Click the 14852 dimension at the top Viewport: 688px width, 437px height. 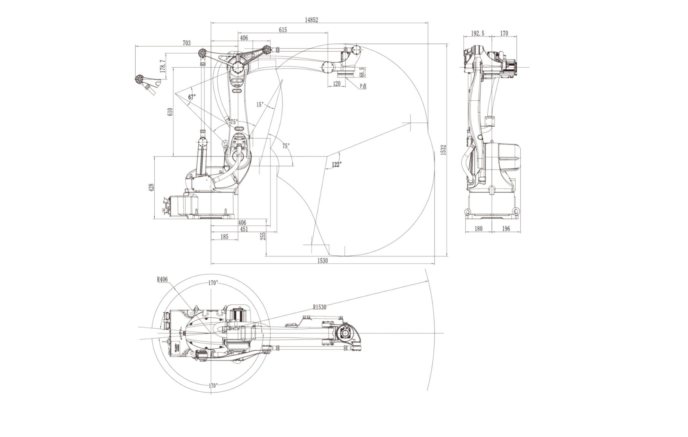click(311, 20)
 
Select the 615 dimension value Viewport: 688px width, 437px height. click(283, 30)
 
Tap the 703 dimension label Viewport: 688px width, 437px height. click(187, 43)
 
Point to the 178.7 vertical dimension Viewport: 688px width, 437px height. click(163, 66)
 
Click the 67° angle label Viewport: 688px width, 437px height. click(192, 97)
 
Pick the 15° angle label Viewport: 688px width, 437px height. click(260, 104)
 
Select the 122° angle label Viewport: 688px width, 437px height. click(336, 164)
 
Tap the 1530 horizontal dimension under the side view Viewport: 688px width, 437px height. click(322, 261)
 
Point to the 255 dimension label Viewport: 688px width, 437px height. click(263, 236)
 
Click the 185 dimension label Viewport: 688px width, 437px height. click(224, 237)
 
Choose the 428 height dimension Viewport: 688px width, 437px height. click(151, 187)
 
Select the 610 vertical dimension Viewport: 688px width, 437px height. click(170, 112)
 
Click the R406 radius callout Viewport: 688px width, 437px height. click(162, 280)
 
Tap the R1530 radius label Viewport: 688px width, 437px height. click(319, 307)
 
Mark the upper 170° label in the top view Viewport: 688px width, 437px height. click(213, 283)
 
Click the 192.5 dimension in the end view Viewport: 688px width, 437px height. click(477, 33)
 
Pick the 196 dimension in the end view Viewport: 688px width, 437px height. click(506, 228)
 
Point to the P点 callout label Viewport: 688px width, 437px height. click(363, 86)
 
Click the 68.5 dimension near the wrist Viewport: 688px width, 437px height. click(362, 72)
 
